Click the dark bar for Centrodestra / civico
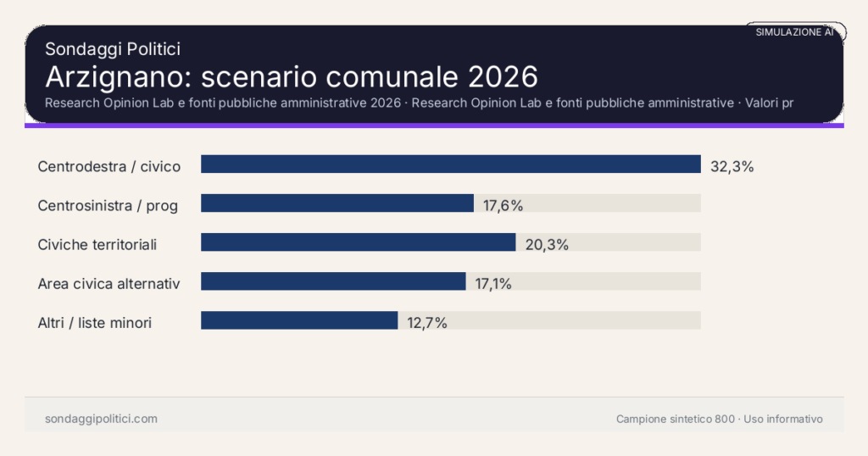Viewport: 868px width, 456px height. pos(450,164)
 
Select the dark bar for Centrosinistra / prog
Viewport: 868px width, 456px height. pos(337,203)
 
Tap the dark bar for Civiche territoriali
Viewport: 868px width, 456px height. pos(358,242)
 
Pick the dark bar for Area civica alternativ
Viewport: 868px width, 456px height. pos(333,281)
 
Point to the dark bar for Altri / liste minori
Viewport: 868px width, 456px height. pos(299,320)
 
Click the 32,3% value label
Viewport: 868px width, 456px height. pos(732,167)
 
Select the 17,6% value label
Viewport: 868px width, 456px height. pos(503,206)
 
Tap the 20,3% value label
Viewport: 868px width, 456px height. pos(547,245)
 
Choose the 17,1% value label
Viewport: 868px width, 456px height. pos(493,284)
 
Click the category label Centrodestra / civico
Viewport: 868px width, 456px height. pos(109,167)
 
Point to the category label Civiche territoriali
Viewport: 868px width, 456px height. pos(97,245)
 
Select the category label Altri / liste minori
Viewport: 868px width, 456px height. pos(95,323)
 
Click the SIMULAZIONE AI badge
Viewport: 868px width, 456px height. pos(795,32)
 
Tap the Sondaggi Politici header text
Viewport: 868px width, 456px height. pos(113,49)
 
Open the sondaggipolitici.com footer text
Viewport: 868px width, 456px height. pos(101,419)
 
